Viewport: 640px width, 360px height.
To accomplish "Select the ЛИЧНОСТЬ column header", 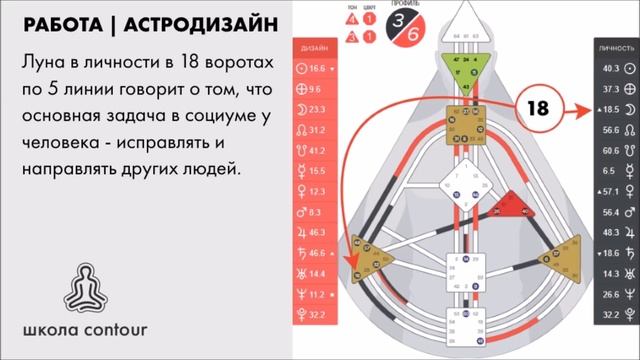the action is (611, 47).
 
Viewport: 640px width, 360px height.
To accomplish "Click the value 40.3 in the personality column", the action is (609, 68).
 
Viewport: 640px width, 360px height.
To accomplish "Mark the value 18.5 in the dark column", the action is (609, 109).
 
